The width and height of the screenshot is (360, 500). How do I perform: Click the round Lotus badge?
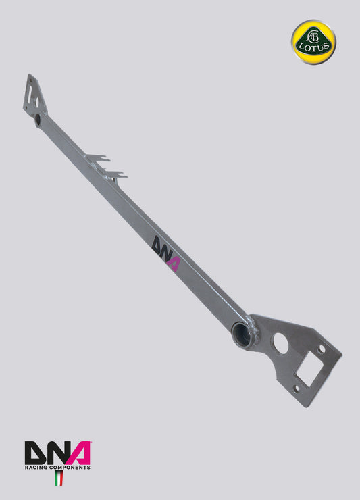(x=313, y=41)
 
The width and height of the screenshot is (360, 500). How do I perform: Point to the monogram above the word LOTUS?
(x=313, y=34)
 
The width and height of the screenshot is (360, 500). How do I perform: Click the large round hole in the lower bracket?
(x=280, y=345)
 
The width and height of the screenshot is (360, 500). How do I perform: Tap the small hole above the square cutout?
(x=322, y=349)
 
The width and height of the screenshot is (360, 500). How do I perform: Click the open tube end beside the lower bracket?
(x=240, y=332)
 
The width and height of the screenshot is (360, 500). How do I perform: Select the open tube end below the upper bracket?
(x=38, y=120)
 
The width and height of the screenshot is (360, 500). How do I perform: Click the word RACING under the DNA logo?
(x=36, y=467)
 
